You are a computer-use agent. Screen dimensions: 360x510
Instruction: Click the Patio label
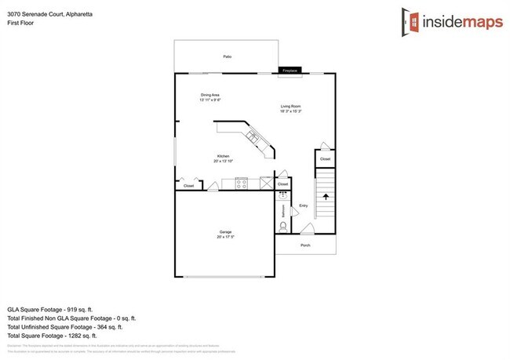click(x=227, y=57)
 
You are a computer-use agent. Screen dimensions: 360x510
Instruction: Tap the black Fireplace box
click(x=290, y=71)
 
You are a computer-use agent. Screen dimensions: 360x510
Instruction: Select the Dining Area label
click(x=209, y=95)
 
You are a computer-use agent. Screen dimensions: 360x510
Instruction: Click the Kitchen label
click(x=223, y=156)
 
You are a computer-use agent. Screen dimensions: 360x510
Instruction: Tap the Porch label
click(x=305, y=245)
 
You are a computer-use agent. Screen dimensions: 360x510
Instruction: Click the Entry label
click(x=304, y=206)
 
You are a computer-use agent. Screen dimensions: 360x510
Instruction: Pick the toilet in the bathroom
click(x=283, y=227)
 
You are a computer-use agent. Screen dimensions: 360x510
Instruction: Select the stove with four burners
click(x=242, y=184)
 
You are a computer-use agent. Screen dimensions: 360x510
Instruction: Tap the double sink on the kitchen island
click(x=253, y=138)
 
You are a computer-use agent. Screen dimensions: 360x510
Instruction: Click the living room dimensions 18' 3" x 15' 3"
click(x=291, y=111)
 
